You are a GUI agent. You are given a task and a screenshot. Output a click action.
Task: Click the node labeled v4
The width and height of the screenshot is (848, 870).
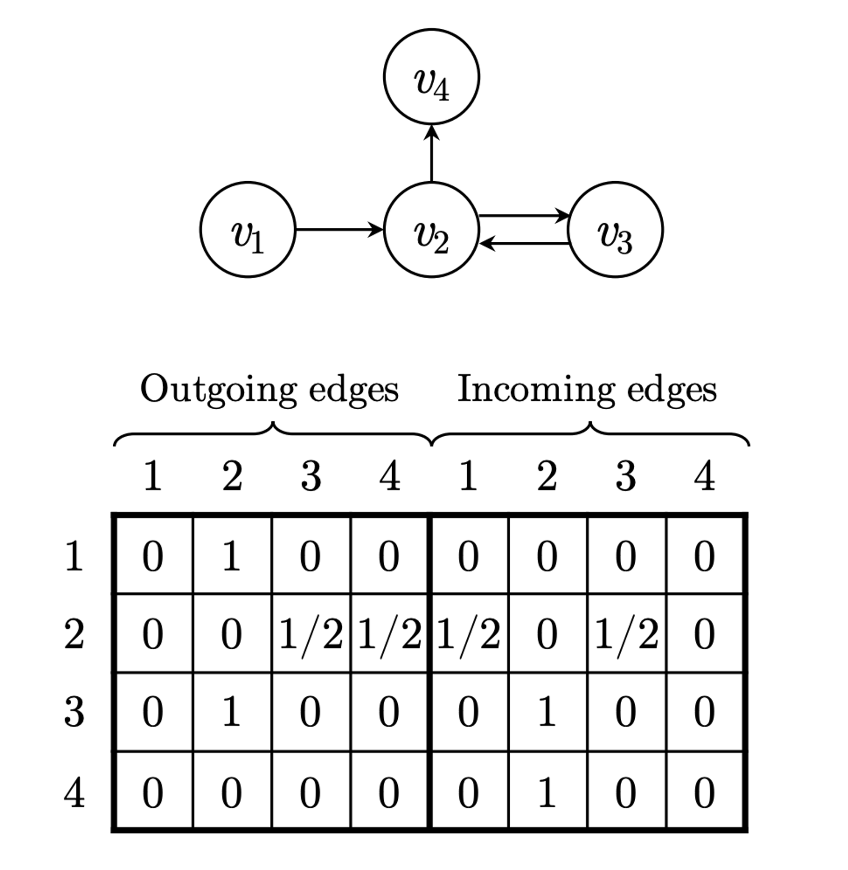pos(431,77)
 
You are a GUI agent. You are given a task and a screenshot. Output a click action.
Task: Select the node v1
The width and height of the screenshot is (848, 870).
pos(248,230)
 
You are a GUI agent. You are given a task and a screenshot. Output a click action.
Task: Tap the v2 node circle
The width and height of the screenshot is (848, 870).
pos(431,230)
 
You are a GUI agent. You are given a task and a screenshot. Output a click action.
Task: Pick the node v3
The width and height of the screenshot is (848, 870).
pos(615,230)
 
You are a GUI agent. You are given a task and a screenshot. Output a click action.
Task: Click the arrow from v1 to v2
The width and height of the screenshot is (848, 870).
pos(338,230)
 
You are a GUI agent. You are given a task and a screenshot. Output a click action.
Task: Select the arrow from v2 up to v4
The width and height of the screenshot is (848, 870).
pos(431,153)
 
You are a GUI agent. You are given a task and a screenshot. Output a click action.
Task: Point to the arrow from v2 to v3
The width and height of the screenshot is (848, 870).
pos(523,216)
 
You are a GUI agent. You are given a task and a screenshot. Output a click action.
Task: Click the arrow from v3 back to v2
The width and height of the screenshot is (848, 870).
pos(523,244)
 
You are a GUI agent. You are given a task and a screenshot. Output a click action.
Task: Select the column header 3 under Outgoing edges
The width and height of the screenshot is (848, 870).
pos(310,477)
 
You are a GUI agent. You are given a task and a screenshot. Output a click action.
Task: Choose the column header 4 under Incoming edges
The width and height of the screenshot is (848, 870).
pos(704,477)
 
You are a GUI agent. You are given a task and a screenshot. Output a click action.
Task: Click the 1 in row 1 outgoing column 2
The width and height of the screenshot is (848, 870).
pos(232,556)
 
